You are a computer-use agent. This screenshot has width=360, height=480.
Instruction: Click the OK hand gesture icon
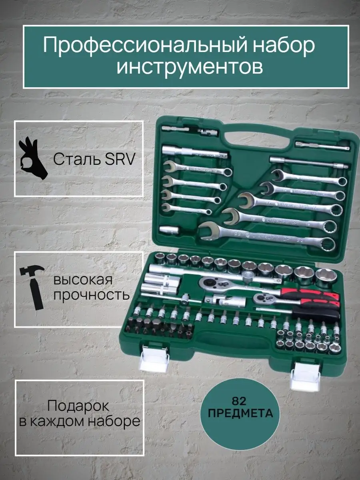click(x=32, y=158)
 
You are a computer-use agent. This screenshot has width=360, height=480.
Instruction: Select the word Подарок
click(x=78, y=406)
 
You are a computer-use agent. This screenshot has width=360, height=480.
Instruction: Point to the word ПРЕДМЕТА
click(x=240, y=414)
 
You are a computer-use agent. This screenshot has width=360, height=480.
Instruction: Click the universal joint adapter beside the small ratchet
click(x=226, y=301)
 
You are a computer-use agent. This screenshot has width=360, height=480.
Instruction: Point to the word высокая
click(x=83, y=280)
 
